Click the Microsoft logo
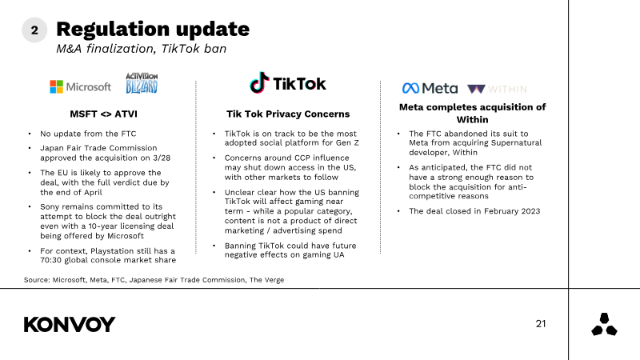(81, 87)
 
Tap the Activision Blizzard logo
(142, 83)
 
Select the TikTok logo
(288, 83)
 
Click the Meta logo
(430, 88)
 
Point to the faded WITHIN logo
(497, 89)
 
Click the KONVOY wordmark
(70, 325)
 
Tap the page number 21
(541, 324)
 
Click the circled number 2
(34, 30)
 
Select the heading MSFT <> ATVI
(104, 114)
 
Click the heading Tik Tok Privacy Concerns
(288, 114)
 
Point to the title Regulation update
(153, 29)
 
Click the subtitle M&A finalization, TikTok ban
(142, 49)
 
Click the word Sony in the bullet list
(50, 207)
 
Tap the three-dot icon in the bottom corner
(604, 325)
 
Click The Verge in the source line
(266, 280)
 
